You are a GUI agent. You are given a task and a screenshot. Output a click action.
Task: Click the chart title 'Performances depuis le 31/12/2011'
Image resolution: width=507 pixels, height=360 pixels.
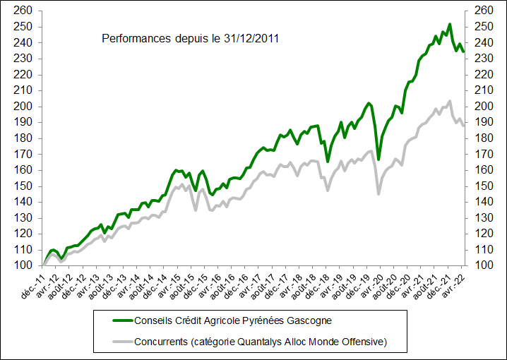click(190, 38)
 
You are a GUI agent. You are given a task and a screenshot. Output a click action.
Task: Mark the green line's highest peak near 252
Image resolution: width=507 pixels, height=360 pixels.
click(449, 24)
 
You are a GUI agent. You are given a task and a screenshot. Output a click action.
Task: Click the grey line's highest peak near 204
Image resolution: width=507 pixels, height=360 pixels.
click(450, 100)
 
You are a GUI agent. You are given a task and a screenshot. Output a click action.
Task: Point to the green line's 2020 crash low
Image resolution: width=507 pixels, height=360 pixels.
click(378, 159)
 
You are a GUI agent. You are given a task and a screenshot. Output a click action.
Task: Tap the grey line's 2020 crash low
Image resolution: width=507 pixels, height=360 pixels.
click(378, 194)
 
